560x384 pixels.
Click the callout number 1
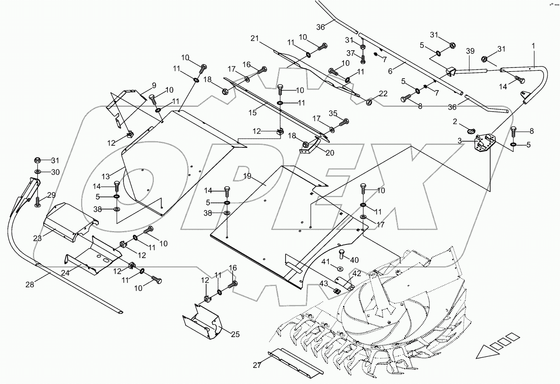pos(533,46)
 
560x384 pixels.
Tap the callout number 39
pos(470,51)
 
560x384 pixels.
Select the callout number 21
pos(255,39)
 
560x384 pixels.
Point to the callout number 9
pos(154,86)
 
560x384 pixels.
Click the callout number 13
pos(106,176)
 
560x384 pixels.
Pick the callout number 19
pos(246,177)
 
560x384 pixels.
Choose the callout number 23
pos(37,237)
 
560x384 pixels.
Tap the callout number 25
pos(235,334)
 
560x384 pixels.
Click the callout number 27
pos(258,364)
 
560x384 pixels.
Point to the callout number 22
pos(383,94)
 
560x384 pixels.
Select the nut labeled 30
pos(37,171)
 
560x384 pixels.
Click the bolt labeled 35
pos(344,122)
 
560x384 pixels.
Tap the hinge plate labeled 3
pos(484,142)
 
